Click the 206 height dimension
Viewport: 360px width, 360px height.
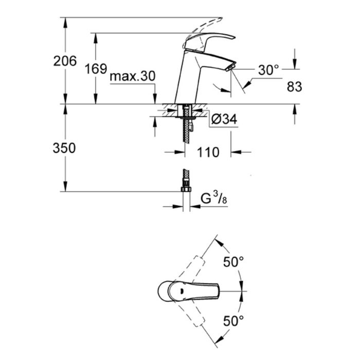click(65, 61)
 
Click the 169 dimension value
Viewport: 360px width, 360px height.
click(96, 68)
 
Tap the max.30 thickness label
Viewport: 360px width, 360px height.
click(133, 76)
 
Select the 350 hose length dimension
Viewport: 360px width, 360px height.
click(64, 148)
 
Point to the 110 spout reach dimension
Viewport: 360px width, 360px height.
click(208, 152)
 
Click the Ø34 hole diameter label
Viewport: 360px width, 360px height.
click(224, 119)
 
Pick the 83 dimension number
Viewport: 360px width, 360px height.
click(295, 87)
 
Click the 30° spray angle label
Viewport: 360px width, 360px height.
click(268, 70)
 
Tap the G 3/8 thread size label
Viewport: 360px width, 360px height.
click(214, 198)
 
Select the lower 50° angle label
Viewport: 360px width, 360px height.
click(233, 321)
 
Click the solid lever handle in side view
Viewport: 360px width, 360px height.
click(210, 40)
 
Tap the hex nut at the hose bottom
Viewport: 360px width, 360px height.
click(186, 189)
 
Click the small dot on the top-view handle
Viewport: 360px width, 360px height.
click(182, 291)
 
